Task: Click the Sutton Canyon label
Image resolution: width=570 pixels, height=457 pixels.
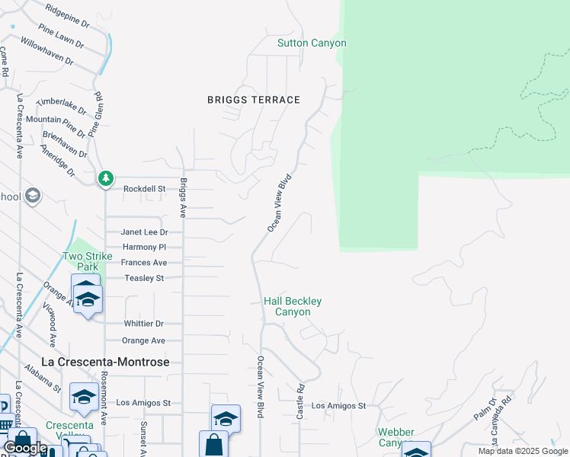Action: point(312,43)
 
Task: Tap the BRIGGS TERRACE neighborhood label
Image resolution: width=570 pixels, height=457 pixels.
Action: point(254,100)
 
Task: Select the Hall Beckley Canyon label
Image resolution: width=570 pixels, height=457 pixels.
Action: point(293,307)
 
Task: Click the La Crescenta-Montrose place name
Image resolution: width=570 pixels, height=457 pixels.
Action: point(105,362)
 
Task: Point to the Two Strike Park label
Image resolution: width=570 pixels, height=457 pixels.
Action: point(82,262)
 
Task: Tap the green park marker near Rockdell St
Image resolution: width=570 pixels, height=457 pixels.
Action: point(105,178)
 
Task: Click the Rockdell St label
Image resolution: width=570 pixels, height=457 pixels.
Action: point(145,189)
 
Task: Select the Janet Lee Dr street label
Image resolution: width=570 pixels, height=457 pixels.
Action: point(144,232)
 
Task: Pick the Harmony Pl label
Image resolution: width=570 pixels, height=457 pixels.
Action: point(144,248)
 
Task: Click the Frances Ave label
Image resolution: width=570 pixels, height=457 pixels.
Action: point(144,263)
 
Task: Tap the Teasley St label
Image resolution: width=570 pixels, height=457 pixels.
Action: point(144,278)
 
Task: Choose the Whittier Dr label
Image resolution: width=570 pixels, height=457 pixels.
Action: point(144,324)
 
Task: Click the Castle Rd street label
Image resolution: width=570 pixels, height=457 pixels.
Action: point(299,398)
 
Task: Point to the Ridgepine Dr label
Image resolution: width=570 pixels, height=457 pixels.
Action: point(67,15)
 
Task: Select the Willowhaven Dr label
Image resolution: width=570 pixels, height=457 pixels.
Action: point(47,51)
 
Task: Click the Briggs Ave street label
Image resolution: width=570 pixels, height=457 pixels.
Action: point(183,197)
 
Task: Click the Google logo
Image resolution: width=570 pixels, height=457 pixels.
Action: point(25,448)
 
